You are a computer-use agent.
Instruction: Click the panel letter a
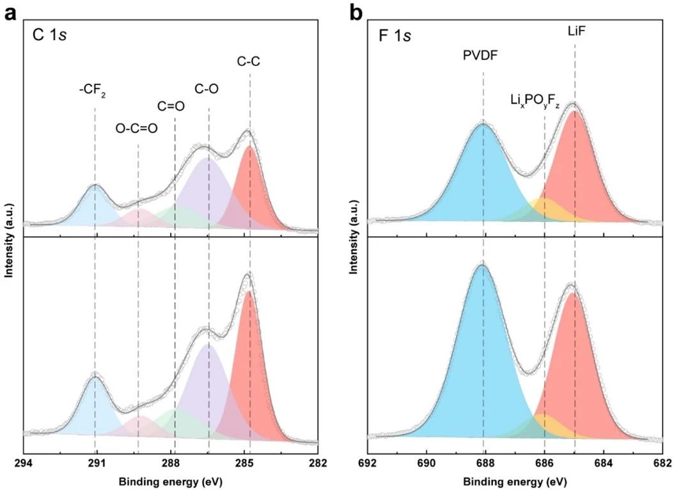coord(10,13)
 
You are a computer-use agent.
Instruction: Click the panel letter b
coord(355,13)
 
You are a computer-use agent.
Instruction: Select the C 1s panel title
coord(51,35)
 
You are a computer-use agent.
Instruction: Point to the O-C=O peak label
coord(136,128)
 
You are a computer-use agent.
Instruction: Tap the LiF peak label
coord(574,29)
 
